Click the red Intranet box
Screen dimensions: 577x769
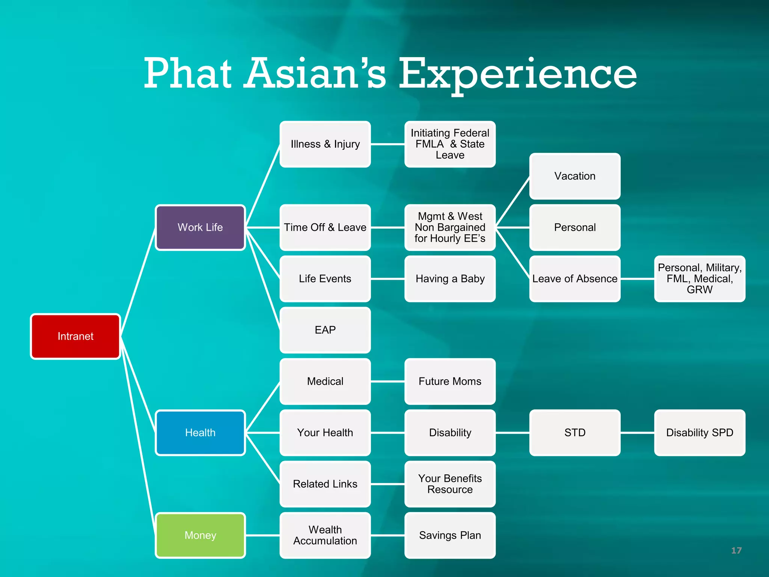[75, 336]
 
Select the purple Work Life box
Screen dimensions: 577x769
[200, 227]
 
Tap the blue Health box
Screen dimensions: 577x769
[200, 432]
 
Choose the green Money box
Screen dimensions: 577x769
[200, 535]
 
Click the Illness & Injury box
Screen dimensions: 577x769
[325, 144]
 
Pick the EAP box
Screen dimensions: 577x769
[325, 330]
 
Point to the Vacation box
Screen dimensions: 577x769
[575, 176]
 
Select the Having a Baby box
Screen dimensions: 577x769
[450, 279]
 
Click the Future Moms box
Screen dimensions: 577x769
[450, 381]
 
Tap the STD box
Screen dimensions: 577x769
[575, 432]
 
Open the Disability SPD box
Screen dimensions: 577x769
[700, 432]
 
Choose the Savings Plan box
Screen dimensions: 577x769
[450, 535]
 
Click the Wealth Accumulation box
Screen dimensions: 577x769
[325, 535]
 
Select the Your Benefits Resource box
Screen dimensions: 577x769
[450, 484]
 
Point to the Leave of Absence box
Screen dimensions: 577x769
[575, 279]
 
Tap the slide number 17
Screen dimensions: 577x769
[736, 550]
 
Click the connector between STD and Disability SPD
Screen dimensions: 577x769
[637, 433]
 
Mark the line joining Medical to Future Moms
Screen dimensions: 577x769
[388, 381]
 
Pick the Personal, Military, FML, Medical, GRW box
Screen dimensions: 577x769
[700, 279]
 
